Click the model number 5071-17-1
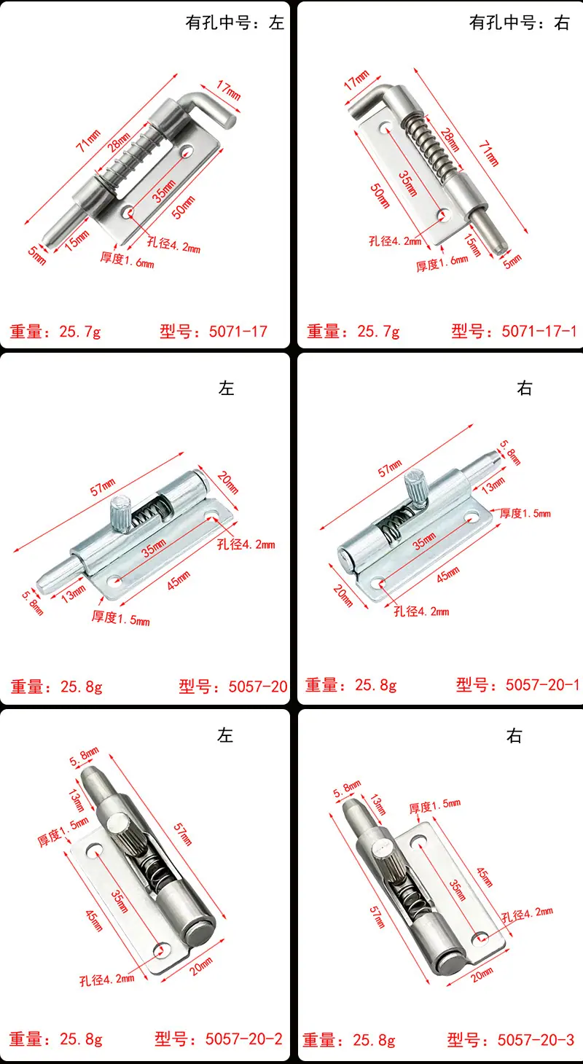click(539, 331)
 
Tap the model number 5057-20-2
click(243, 1038)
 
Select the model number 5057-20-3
click(536, 1039)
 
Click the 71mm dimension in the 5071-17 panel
click(88, 141)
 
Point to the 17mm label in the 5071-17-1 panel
click(356, 80)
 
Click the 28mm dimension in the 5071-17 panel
click(119, 143)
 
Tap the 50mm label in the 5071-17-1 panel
click(380, 196)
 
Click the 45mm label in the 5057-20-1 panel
click(448, 575)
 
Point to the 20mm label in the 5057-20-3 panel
click(482, 974)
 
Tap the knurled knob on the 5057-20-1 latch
click(415, 486)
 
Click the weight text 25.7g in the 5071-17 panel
click(80, 331)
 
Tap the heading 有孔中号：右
click(520, 23)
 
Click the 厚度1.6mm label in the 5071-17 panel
click(127, 260)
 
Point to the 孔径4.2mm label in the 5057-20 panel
click(246, 544)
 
